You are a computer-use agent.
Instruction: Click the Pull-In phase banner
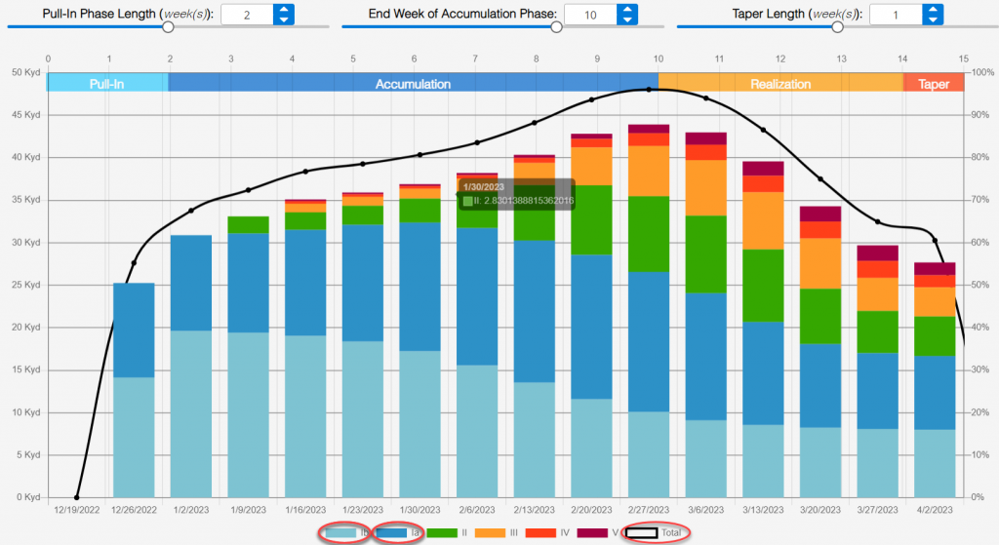click(107, 84)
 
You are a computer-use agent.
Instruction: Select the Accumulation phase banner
click(413, 84)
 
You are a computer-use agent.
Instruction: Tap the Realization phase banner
click(779, 84)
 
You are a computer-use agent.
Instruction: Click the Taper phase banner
click(933, 84)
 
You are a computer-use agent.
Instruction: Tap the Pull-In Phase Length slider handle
click(168, 28)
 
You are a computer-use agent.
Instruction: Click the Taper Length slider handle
click(837, 28)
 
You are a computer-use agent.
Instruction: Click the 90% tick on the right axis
click(979, 114)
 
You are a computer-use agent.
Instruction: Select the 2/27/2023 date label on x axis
click(649, 509)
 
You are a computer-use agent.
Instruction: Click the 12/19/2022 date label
click(77, 509)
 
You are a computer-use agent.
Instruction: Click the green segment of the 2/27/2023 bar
click(649, 234)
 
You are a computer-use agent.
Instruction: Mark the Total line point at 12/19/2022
click(77, 497)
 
